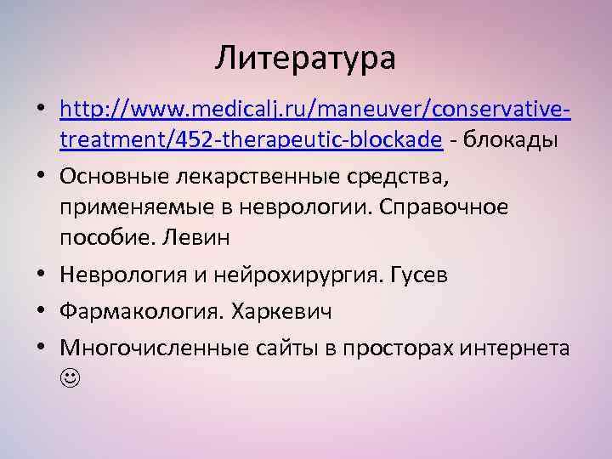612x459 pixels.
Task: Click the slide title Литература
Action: point(305,59)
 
